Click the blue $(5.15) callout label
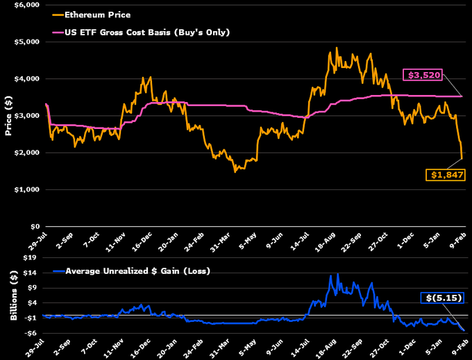click(443, 298)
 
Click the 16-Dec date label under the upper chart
click(141, 241)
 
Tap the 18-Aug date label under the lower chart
click(328, 347)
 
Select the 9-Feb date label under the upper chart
click(459, 240)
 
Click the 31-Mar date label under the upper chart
click(221, 241)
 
